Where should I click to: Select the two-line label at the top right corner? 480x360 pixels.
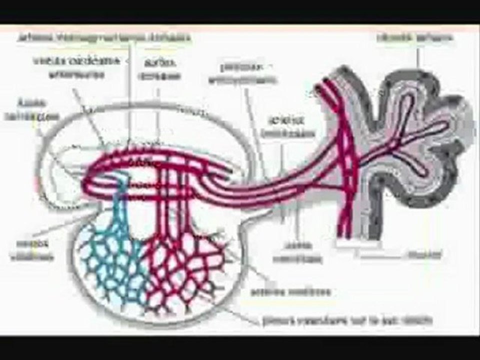click(415, 37)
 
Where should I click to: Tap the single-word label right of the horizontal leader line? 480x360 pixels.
click(424, 254)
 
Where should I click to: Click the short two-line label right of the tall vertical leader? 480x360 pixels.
click(159, 68)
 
